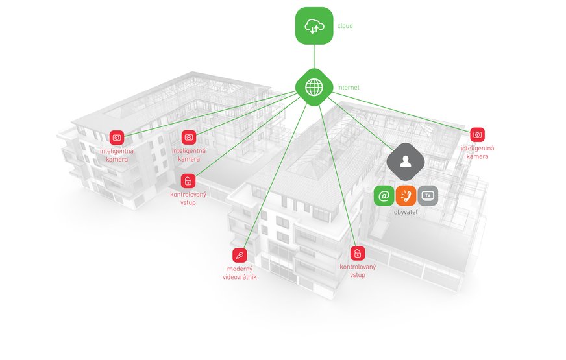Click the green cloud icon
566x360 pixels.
314,26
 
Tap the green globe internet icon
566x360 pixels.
314,87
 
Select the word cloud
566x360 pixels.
345,26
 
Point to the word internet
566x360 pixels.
348,87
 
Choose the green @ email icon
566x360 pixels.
384,195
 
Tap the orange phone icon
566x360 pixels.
406,195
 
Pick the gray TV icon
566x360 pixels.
428,195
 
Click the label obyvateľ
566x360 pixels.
406,212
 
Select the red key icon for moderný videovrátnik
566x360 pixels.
239,255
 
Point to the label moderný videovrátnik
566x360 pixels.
240,272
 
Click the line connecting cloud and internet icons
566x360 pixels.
314,56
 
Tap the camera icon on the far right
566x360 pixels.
477,135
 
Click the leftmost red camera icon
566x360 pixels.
117,138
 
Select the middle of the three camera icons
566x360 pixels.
189,138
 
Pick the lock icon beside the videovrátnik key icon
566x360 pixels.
358,254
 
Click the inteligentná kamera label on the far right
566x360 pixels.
477,152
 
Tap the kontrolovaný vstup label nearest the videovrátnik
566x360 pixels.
358,270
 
